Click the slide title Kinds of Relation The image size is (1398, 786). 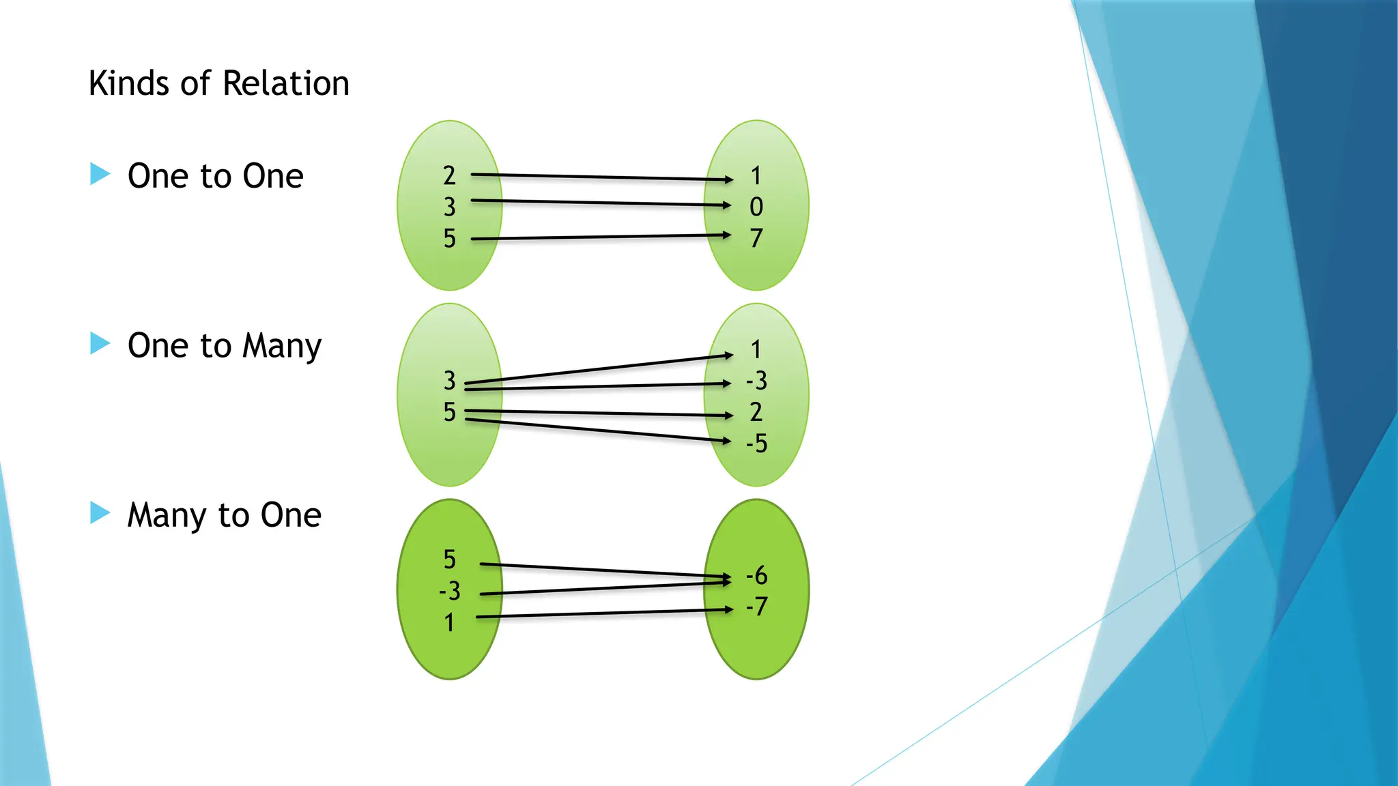click(218, 84)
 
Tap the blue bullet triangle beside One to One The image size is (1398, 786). click(100, 174)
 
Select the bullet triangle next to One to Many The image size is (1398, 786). click(100, 343)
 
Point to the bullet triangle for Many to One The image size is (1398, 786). click(100, 512)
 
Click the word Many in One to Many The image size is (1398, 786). click(282, 346)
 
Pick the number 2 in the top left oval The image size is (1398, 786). click(449, 176)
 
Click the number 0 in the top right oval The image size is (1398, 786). click(756, 207)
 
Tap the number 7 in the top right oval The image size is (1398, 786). click(756, 238)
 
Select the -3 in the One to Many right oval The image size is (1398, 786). click(756, 381)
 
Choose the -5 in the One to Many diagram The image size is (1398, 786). click(756, 443)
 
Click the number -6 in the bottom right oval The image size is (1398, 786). click(756, 576)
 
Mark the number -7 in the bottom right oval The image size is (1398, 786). click(756, 607)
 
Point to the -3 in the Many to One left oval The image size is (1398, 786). click(449, 591)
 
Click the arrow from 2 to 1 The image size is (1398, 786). click(601, 177)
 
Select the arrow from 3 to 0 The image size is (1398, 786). click(601, 203)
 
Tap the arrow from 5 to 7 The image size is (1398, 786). click(601, 237)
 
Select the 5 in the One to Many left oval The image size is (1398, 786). click(449, 412)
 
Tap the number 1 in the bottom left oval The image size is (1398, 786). click(449, 622)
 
